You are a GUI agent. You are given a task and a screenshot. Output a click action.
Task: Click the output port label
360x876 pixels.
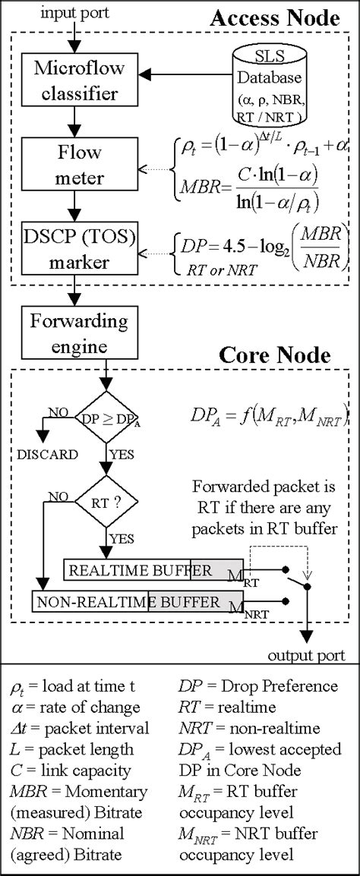pos(308,654)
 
